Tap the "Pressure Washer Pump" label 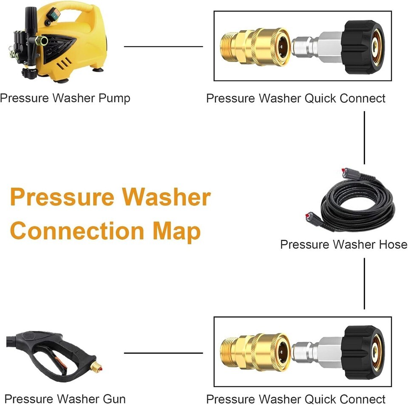[65, 98]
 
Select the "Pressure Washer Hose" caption [343, 245]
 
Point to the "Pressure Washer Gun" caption [65, 399]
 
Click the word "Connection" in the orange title [77, 231]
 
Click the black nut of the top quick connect [363, 47]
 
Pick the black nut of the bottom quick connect [363, 352]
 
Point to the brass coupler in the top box [255, 47]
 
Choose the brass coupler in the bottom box [255, 352]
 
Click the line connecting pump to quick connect [163, 47]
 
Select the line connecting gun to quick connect [163, 353]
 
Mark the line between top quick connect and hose [364, 138]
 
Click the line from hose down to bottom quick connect [364, 283]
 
